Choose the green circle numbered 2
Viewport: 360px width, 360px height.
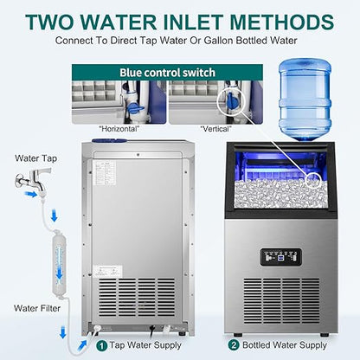point(234,343)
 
